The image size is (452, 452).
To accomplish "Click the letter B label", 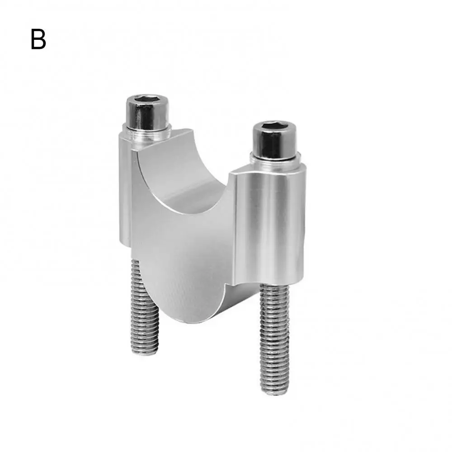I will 38,39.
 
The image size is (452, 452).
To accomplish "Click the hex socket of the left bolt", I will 148,100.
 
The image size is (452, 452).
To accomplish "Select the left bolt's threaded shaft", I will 144,307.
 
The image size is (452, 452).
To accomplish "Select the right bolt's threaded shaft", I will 274,339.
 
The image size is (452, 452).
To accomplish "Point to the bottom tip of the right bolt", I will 275,391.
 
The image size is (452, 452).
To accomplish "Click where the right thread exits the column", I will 274,287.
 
